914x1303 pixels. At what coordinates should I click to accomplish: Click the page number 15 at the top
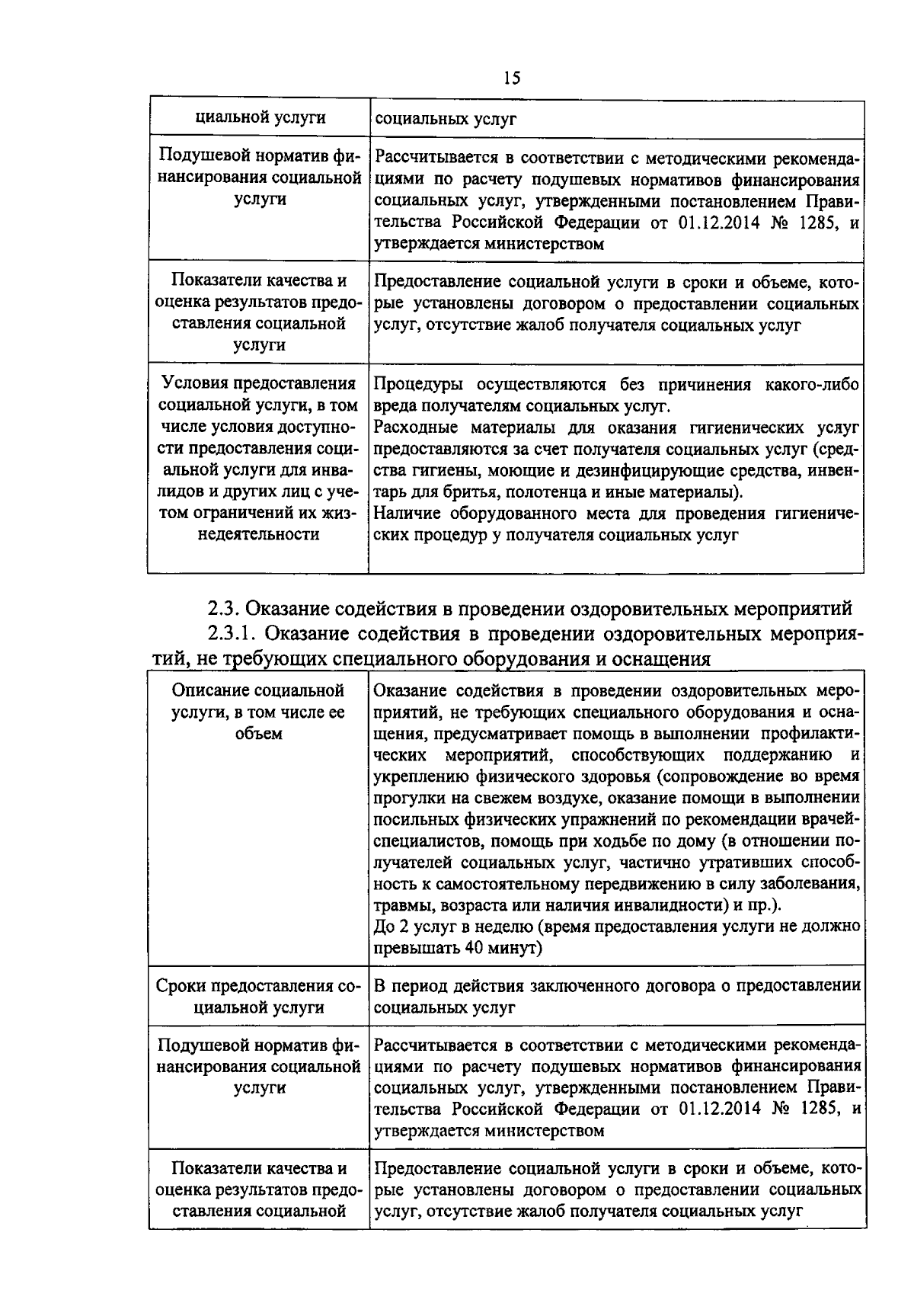[511, 78]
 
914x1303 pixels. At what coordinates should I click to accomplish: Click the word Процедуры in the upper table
[417, 384]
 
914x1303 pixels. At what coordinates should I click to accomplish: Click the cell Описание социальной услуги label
[258, 712]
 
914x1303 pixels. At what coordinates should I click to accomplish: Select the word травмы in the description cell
[398, 905]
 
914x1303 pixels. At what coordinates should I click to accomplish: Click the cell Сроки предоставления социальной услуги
[258, 997]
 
